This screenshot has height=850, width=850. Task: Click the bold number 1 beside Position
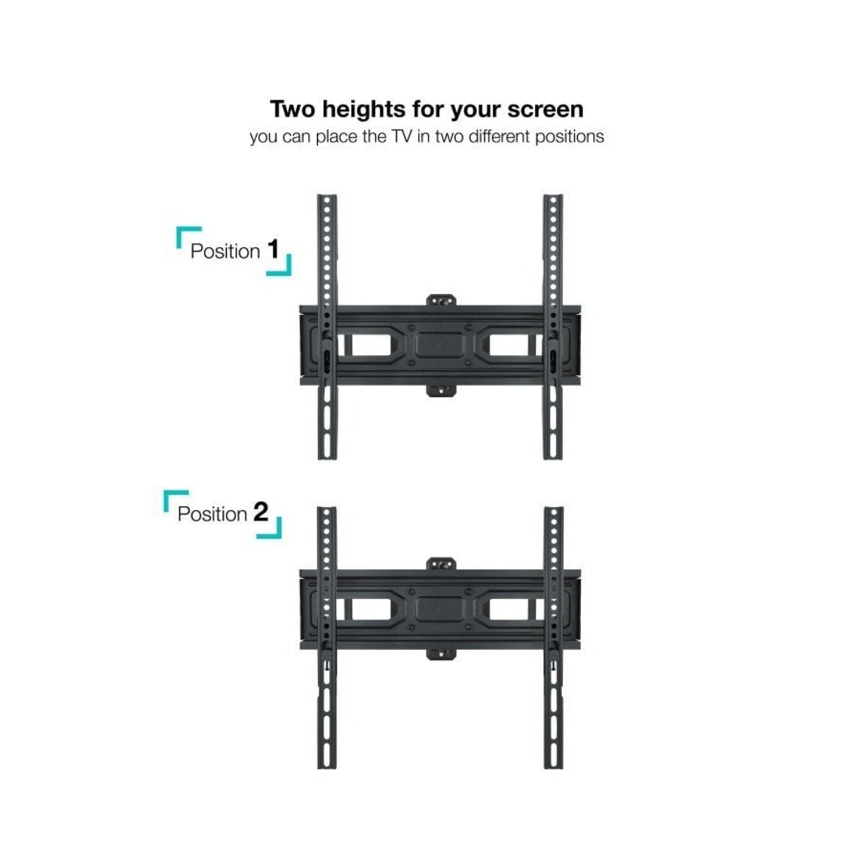coord(274,249)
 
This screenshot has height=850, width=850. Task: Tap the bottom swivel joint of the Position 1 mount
coord(441,390)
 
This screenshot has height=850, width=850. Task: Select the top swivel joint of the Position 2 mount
coord(441,564)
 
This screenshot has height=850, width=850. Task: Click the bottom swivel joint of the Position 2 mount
coord(441,654)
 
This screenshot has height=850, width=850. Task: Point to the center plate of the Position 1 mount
coord(440,345)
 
